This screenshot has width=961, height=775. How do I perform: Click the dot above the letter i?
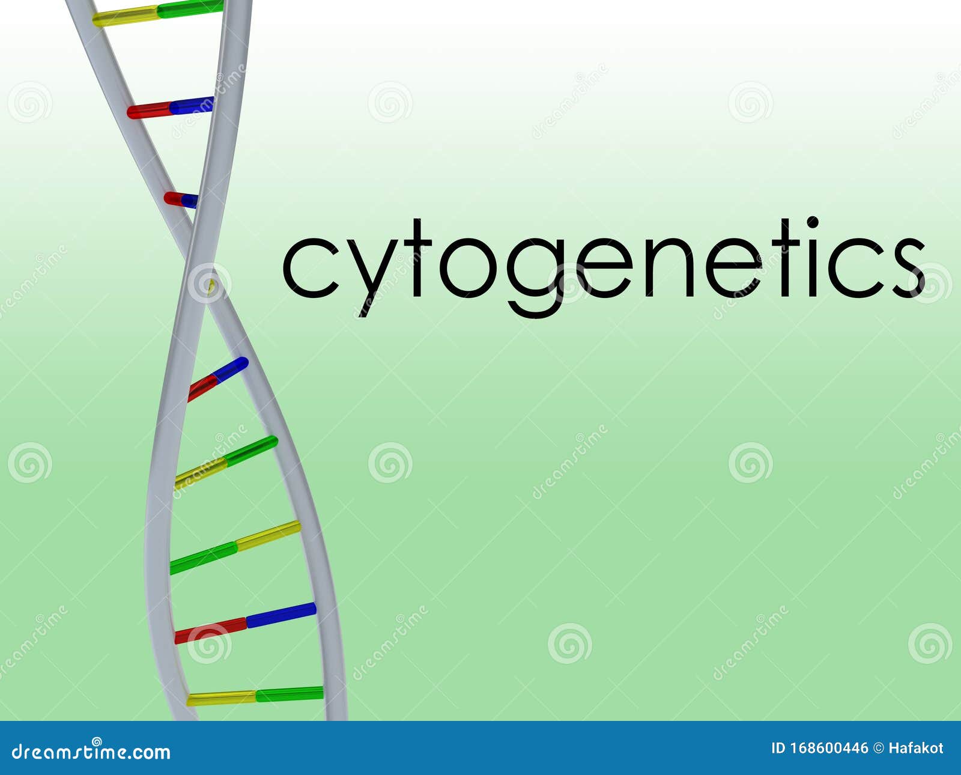point(812,222)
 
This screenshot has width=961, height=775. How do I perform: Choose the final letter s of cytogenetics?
point(908,267)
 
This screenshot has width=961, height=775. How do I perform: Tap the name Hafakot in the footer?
point(915,748)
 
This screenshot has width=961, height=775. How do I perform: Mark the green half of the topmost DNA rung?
point(190,8)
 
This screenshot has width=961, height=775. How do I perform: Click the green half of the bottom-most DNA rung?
point(290,694)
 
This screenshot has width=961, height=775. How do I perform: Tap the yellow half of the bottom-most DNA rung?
point(221,698)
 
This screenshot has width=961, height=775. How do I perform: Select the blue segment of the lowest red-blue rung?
point(281,614)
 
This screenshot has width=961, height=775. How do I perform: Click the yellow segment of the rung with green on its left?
point(268,534)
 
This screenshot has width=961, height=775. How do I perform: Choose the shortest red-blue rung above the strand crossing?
point(181,199)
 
